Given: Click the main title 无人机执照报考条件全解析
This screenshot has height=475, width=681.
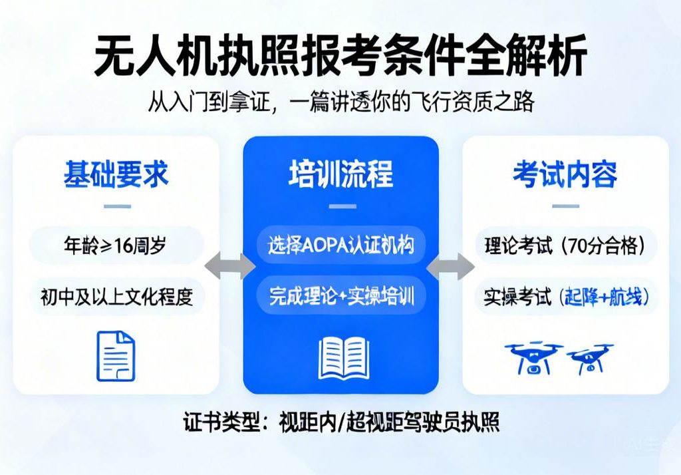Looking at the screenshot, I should (x=340, y=56).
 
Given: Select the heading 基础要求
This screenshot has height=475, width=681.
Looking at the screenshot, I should (x=116, y=174).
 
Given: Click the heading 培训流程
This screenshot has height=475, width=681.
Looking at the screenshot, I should (x=340, y=174).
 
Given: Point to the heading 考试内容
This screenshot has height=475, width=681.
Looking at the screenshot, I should (x=565, y=174).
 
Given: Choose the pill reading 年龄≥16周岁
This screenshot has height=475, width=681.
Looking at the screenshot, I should (x=116, y=246).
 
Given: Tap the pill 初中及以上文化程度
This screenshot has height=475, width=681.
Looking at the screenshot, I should (x=116, y=296).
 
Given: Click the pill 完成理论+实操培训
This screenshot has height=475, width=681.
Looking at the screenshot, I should (x=340, y=295).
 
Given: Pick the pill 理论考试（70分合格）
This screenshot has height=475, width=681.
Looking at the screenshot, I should (x=565, y=246).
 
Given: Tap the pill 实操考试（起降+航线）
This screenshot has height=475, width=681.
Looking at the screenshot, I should (x=565, y=297).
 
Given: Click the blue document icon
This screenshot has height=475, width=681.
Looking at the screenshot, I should (x=116, y=356).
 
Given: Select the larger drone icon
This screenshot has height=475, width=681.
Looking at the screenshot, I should (x=533, y=357).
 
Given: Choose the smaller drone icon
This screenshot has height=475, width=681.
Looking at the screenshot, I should (x=590, y=359).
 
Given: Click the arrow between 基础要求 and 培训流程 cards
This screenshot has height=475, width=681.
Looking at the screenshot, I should (x=230, y=266).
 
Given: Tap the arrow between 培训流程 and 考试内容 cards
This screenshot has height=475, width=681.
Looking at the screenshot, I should (x=450, y=267).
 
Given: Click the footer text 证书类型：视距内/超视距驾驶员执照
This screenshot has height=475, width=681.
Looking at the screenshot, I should (x=340, y=422).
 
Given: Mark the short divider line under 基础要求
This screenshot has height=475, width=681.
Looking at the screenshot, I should (x=117, y=206).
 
